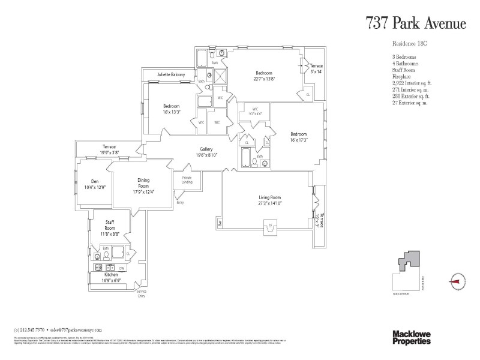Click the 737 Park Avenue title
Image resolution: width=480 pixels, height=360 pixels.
[416, 23]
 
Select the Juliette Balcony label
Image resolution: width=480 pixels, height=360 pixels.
[171, 74]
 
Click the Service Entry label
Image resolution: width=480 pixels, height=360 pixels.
[142, 293]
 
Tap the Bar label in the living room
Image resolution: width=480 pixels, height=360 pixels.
[220, 224]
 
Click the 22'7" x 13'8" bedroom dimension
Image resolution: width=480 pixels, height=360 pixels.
[264, 78]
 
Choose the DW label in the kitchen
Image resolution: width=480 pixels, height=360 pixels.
[121, 268]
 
